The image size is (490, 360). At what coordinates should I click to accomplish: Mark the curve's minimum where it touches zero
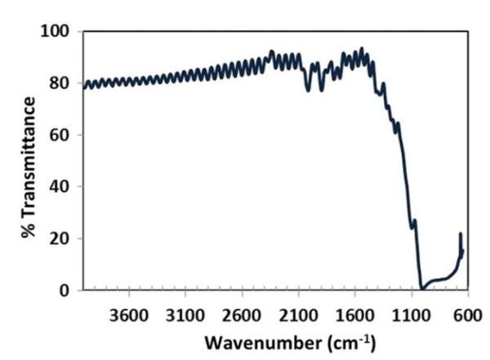pos(422,288)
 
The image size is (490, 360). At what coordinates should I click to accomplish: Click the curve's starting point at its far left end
pos(84,87)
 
